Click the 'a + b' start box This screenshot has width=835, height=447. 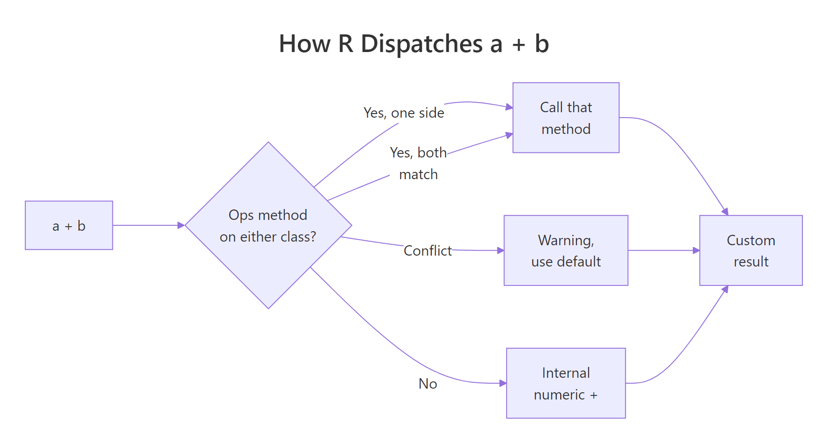coord(69,225)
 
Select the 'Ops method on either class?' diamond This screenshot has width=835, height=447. coord(268,225)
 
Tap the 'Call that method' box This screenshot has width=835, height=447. coord(566,118)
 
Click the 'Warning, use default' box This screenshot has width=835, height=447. coord(566,250)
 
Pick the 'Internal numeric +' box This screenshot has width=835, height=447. coord(566,383)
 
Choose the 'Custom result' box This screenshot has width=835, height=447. coord(750,250)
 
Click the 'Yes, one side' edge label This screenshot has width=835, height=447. coord(403,113)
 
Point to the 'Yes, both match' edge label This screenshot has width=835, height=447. coord(418,163)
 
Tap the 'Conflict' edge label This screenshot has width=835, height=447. coord(427,251)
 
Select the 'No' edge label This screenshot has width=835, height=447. coord(427,384)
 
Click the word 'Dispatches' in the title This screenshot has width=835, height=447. coord(422,44)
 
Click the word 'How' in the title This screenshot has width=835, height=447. coord(304,44)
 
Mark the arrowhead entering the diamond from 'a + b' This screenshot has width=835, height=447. coord(181,225)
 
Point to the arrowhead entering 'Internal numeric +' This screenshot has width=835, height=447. coord(503,383)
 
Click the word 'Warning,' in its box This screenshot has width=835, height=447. coord(566,240)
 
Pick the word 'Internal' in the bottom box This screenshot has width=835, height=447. coord(566,373)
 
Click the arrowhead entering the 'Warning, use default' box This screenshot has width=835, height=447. coord(500,250)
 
